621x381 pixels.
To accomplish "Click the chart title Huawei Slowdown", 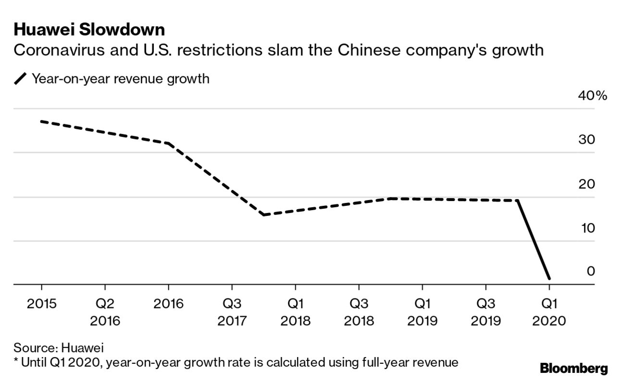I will (89, 30).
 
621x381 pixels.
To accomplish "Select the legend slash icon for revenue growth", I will (21, 79).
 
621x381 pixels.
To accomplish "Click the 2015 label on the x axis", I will (41, 304).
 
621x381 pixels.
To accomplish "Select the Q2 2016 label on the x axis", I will (105, 312).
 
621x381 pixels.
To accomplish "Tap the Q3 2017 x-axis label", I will (232, 312).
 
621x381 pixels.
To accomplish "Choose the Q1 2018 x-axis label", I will (295, 312).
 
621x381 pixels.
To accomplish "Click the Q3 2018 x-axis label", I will (359, 312).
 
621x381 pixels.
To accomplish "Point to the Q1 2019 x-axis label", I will (422, 312).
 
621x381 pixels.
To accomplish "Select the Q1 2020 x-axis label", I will (549, 312).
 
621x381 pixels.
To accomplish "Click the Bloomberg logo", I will (574, 369).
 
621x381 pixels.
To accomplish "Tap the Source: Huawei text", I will (59, 347).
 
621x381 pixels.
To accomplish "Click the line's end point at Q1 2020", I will (549, 278).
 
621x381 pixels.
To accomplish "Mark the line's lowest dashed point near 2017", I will (263, 214).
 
